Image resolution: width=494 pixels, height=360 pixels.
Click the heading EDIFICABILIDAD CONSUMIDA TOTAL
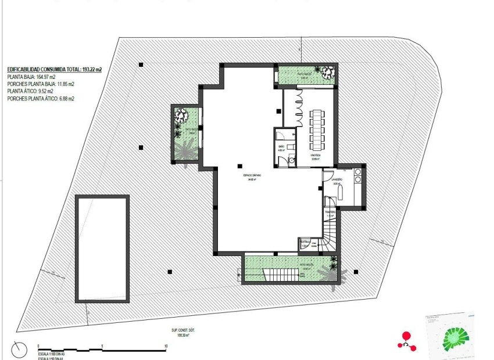pyautogui.click(x=54, y=69)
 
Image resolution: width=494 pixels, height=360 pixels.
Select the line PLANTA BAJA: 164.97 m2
pyautogui.click(x=31, y=77)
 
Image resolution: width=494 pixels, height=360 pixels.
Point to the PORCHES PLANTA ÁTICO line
pyautogui.click(x=41, y=99)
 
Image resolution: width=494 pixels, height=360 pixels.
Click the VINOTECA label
pyautogui.click(x=316, y=156)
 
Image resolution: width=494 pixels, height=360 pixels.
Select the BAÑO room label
pyautogui.click(x=281, y=146)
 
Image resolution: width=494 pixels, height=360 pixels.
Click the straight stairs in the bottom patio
pyautogui.click(x=279, y=273)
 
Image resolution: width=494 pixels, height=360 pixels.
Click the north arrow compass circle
pyautogui.click(x=19, y=350)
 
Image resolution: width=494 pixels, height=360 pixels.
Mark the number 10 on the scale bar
pyautogui.click(x=167, y=346)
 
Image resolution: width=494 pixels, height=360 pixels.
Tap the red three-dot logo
pyautogui.click(x=407, y=341)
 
